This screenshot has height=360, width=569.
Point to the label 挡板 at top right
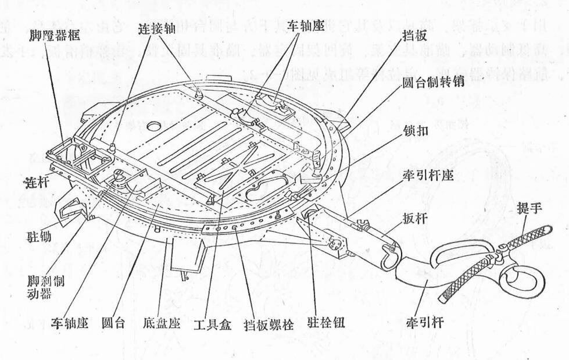[x=416, y=36]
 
